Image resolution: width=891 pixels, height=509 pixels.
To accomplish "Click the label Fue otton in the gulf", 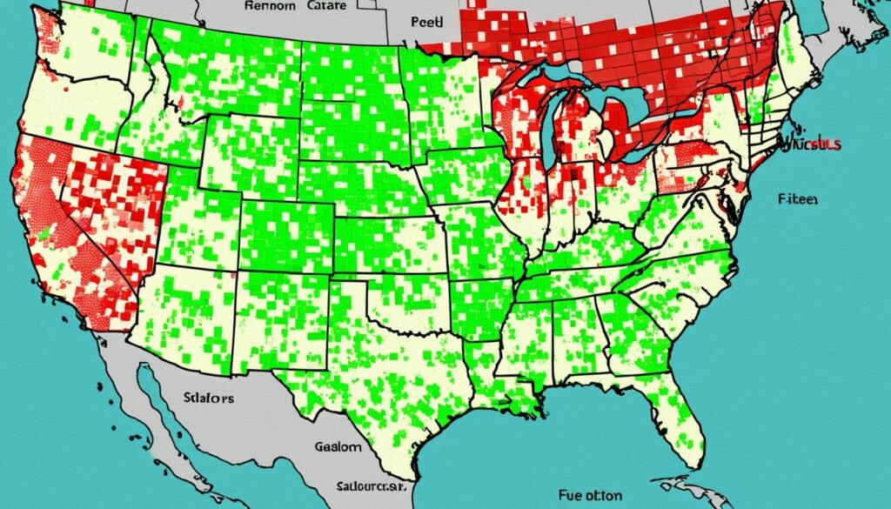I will (x=588, y=494).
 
